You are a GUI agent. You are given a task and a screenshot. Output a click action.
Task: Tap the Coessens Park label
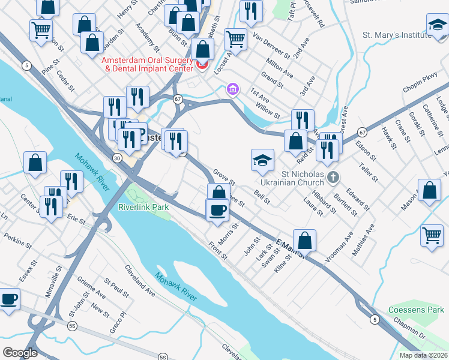pos(416,310)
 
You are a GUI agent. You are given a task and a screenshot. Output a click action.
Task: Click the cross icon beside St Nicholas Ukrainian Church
pos(335,177)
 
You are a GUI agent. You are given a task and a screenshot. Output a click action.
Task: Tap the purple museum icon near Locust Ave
pos(233,89)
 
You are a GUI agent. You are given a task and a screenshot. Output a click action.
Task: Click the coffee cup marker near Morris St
pos(217,210)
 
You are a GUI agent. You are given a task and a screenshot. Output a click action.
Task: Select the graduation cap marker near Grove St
pos(262,160)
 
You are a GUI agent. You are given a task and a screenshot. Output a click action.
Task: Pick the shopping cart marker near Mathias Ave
pos(432,235)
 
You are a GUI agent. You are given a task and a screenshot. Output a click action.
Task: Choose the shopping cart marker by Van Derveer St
pos(236,40)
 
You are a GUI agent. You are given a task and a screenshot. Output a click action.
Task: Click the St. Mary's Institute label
pos(396,35)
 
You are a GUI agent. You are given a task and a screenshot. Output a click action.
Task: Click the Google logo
pos(20,353)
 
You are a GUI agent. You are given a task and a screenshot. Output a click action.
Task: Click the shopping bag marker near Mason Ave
pos(430,191)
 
